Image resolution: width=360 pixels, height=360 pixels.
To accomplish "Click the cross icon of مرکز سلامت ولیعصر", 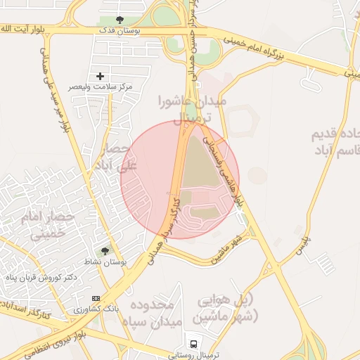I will pyautogui.click(x=100, y=75).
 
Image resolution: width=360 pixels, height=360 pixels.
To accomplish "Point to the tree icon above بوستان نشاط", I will pyautogui.click(x=105, y=250).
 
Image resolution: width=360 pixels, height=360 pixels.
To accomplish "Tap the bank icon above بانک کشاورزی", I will pyautogui.click(x=96, y=298).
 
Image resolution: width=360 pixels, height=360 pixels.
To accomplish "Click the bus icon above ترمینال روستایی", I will pyautogui.click(x=193, y=344).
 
